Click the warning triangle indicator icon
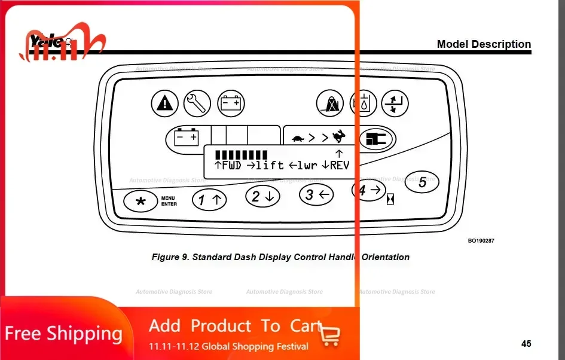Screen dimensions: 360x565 (164, 103)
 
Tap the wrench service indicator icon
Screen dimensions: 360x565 (197, 103)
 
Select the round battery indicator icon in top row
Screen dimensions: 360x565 (230, 103)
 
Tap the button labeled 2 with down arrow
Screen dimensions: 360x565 (262, 196)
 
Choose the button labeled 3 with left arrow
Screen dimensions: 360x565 (316, 194)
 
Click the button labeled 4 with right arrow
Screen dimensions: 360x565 (368, 190)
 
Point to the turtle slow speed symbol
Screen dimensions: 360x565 (298, 138)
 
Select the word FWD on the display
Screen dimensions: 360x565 (231, 165)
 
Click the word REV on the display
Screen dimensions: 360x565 (339, 165)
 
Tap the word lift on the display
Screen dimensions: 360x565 (269, 165)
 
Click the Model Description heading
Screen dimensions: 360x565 (484, 44)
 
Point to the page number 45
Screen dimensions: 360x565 (526, 344)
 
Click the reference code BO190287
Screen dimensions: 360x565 (481, 241)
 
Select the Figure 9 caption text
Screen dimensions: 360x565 (280, 257)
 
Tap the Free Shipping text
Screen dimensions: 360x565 (63, 333)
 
